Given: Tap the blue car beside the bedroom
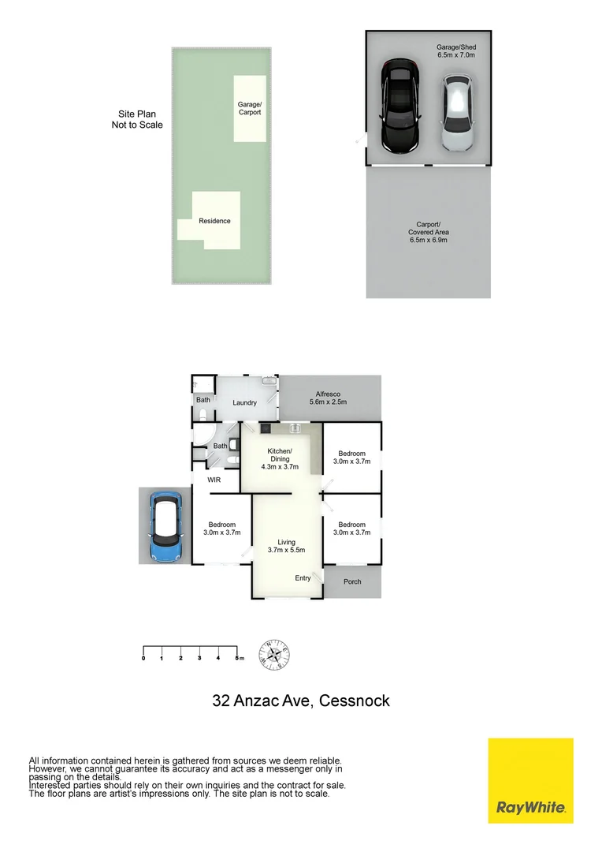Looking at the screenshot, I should (166, 527).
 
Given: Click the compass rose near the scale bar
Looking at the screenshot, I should (275, 653).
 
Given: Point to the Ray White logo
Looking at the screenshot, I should (530, 781).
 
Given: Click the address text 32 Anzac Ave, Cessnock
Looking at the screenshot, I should (301, 701).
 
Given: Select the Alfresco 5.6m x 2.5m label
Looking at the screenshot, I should (327, 398).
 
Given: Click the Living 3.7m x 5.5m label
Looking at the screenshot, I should (286, 546).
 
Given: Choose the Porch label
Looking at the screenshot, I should (352, 582).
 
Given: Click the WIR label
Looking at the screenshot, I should (214, 480).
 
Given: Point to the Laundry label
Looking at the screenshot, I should (244, 403).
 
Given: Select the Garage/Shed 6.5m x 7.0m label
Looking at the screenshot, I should (456, 51).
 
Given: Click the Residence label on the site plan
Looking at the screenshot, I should (214, 221).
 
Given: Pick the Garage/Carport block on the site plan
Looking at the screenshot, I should (249, 108).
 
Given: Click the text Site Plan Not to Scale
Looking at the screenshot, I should (137, 119).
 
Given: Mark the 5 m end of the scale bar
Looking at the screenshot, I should (237, 657).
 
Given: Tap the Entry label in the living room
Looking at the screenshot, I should (303, 578).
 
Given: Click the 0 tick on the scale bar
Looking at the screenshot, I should (143, 657).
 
